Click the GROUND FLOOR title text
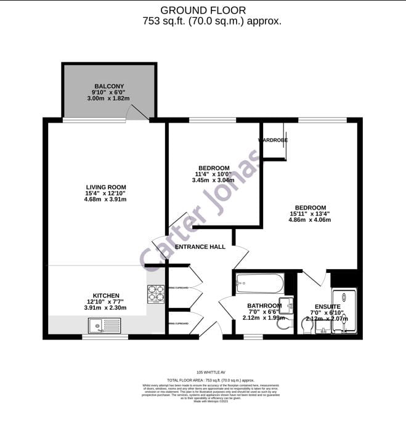coord(203,10)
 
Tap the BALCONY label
coord(109,86)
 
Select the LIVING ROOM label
coord(106,187)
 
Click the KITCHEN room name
coord(106,296)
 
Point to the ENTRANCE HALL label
coord(200,247)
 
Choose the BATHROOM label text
coord(264,306)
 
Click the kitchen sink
coord(99,324)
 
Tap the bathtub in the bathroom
coord(259,285)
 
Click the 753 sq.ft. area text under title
coord(203,21)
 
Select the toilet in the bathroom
coord(283,323)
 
